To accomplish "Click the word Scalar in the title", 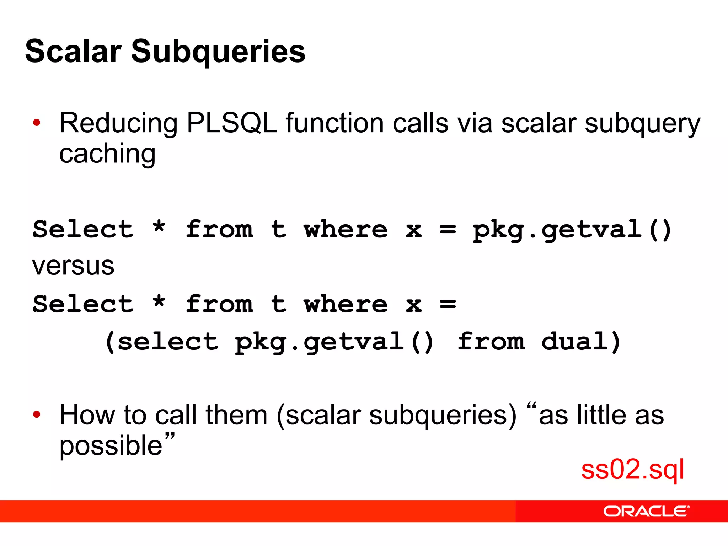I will pos(73,52).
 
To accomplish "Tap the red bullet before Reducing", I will pos(37,123).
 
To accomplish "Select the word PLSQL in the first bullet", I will pos(231,123).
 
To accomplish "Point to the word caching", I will pos(107,154).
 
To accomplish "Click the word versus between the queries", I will pos(73,266).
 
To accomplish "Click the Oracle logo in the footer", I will pos(646,512).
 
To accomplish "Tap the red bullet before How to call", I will pos(37,414).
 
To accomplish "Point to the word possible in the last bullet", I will pos(111,446).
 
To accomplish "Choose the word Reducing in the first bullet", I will pos(118,124).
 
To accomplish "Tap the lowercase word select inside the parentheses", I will pos(168,342).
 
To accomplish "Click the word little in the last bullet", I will pos(601,415).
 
